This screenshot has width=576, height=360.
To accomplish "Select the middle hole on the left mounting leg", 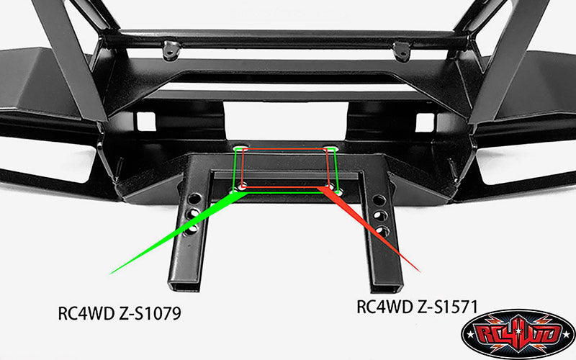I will (x=194, y=214).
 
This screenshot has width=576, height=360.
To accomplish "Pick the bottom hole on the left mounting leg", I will (x=193, y=229).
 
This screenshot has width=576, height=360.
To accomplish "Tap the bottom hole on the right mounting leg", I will (x=382, y=231).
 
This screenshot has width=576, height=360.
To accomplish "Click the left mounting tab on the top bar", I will (x=171, y=50).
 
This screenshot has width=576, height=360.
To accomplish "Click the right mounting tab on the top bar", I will (x=401, y=51).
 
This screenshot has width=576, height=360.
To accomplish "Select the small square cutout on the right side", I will (x=424, y=123).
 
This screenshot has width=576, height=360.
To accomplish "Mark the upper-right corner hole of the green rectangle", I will (x=330, y=150).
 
